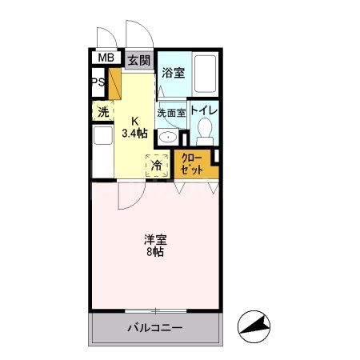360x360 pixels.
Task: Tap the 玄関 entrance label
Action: pyautogui.click(x=138, y=60)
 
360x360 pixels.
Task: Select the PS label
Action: pyautogui.click(x=97, y=82)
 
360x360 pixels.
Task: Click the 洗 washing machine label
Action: pyautogui.click(x=103, y=111)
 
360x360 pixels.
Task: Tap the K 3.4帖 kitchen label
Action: pyautogui.click(x=135, y=127)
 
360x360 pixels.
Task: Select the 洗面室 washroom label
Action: pyautogui.click(x=171, y=113)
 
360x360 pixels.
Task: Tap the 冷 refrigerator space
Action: pyautogui.click(x=158, y=166)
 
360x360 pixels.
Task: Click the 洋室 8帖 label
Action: pyautogui.click(x=154, y=245)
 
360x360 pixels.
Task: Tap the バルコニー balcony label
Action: pyautogui.click(x=155, y=328)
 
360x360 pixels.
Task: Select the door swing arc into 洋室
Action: pyautogui.click(x=128, y=196)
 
